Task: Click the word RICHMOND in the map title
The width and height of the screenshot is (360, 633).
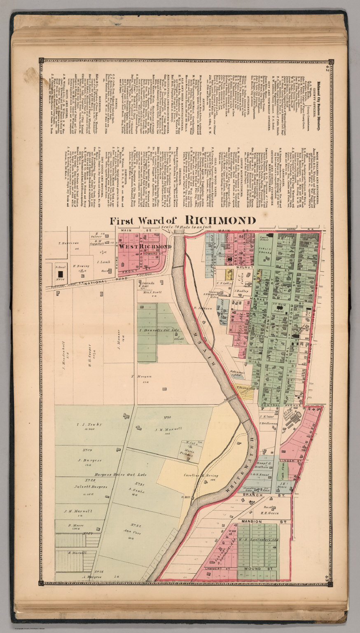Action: tap(220, 220)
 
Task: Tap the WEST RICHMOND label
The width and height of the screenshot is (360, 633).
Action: tap(145, 246)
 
